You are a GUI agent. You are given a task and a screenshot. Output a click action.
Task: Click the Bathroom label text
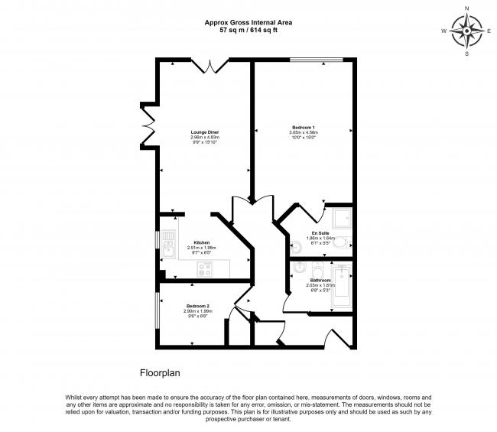point(320,281)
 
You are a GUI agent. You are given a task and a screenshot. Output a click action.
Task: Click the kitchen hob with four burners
point(204,268)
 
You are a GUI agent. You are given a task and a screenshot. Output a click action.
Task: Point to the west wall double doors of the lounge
point(148,127)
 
